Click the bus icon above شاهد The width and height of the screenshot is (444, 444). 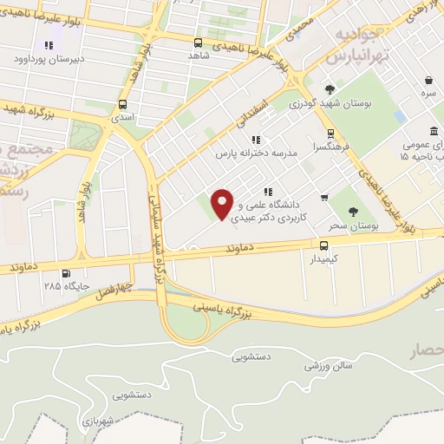pyautogui.click(x=199, y=42)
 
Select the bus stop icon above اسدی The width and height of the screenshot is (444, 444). pyautogui.click(x=122, y=104)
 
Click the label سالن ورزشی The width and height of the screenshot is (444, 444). pyautogui.click(x=328, y=366)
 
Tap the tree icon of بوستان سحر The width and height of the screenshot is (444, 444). pyautogui.click(x=352, y=212)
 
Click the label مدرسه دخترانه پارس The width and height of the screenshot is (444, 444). pyautogui.click(x=257, y=152)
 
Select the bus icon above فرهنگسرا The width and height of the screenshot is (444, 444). pyautogui.click(x=330, y=134)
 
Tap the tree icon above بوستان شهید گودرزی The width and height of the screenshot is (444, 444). pyautogui.click(x=330, y=88)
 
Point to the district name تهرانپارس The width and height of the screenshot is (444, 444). pyautogui.click(x=355, y=55)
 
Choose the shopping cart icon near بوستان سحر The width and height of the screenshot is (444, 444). pyautogui.click(x=324, y=198)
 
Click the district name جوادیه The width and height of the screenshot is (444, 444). pyautogui.click(x=356, y=36)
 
